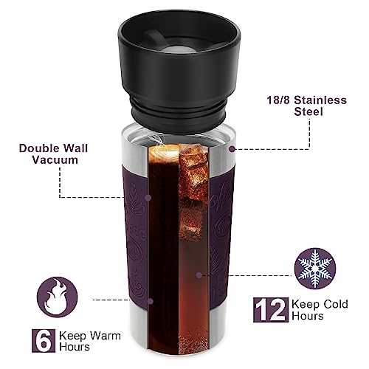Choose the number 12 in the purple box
tap(270, 311)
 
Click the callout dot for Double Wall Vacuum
tap(148, 198)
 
